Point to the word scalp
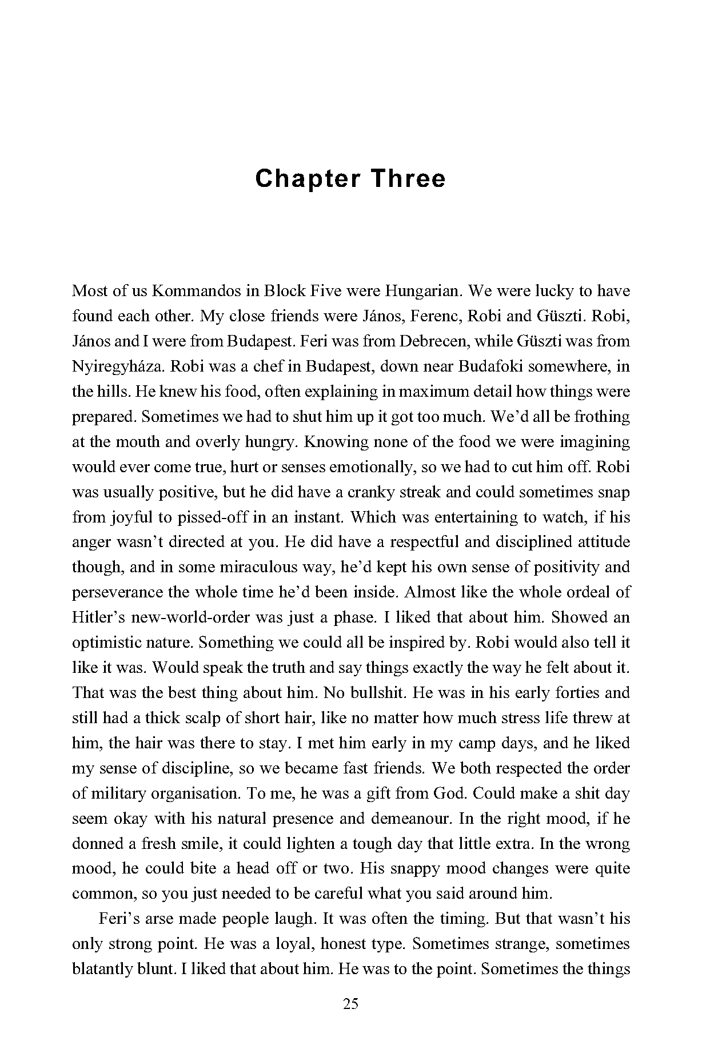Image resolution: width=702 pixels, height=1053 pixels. [203, 719]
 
